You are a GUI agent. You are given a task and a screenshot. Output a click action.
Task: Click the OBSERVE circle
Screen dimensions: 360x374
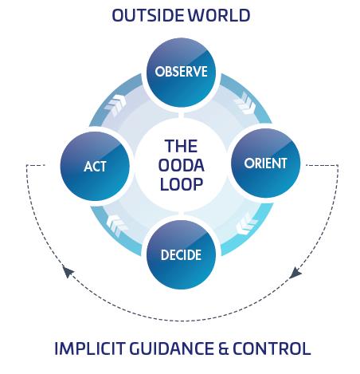(x=181, y=72)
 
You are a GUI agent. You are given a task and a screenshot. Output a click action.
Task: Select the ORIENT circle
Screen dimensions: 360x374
(x=266, y=163)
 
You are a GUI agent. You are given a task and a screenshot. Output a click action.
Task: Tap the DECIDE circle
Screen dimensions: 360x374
(x=181, y=254)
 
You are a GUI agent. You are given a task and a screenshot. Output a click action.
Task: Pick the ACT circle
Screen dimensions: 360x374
(x=95, y=166)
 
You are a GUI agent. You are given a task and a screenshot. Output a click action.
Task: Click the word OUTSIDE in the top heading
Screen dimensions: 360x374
(x=148, y=15)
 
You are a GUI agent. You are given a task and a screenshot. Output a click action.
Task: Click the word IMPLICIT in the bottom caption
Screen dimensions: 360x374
(x=89, y=348)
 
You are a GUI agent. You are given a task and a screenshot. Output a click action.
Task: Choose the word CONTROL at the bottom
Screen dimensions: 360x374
(x=272, y=348)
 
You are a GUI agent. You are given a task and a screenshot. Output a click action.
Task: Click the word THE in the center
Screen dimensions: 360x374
(x=181, y=146)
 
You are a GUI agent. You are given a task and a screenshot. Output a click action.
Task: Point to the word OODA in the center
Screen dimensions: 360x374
(x=181, y=165)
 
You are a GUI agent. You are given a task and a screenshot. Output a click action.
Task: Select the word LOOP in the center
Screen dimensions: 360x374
(x=182, y=184)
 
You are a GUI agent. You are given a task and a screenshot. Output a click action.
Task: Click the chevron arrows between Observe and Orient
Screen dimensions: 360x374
(x=245, y=104)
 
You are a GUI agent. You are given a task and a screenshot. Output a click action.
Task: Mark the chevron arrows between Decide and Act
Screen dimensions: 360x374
(x=117, y=225)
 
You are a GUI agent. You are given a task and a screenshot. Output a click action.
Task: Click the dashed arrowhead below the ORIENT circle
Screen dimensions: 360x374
(x=295, y=274)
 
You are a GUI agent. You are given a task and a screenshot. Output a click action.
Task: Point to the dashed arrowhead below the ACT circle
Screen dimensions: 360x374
(x=68, y=272)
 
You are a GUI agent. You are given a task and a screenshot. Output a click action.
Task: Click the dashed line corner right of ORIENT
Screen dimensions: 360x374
(x=338, y=165)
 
